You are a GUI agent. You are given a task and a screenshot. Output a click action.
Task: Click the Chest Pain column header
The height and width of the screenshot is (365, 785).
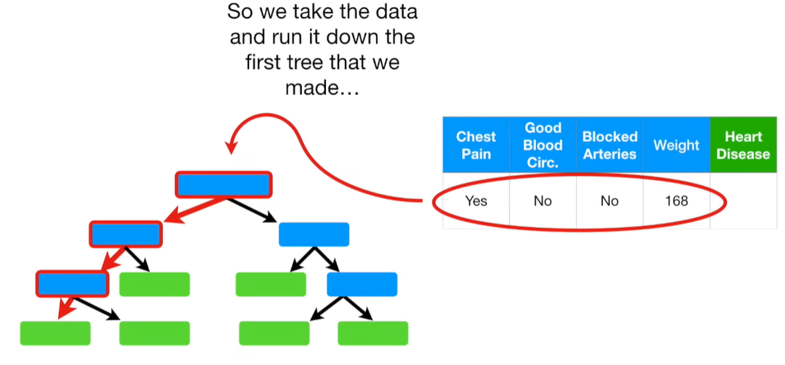(476, 145)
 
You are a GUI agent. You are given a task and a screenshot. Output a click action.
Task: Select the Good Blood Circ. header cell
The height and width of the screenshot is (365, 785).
(543, 145)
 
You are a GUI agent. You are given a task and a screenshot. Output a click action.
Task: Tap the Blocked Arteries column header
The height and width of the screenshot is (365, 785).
(609, 145)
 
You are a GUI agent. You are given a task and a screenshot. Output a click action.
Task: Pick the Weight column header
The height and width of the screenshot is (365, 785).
(676, 145)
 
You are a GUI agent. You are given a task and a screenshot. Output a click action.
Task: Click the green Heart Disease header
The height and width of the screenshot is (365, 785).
(743, 145)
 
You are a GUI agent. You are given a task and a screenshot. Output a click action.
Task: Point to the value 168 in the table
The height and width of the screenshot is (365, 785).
(676, 201)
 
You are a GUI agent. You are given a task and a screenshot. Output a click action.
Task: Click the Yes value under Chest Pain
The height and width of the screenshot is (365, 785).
(476, 201)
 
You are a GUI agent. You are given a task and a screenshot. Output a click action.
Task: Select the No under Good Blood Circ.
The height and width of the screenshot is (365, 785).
(543, 201)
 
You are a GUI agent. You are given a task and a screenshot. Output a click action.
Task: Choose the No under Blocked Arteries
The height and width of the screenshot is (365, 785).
(609, 201)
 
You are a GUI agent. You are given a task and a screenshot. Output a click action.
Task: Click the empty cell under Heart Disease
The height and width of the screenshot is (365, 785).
(743, 201)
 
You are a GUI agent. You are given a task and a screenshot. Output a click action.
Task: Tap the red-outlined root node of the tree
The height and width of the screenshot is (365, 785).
(224, 184)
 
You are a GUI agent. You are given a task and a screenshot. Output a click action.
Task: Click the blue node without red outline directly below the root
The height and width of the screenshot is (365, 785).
(313, 235)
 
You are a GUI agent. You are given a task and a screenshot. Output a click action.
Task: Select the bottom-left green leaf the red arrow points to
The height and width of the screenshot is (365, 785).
(55, 333)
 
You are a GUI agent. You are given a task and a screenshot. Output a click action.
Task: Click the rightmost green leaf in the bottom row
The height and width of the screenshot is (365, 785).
(372, 333)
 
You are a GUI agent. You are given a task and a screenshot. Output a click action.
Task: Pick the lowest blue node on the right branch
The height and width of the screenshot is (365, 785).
(361, 284)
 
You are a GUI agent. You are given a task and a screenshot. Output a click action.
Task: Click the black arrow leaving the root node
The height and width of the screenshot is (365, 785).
(251, 209)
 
